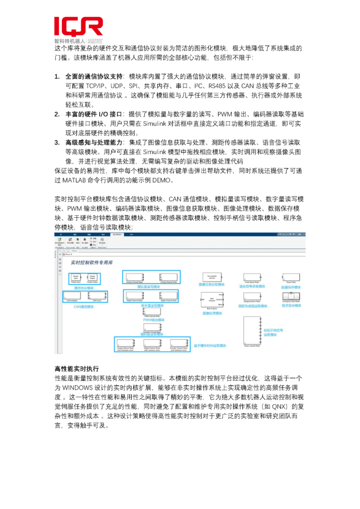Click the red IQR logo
(79, 26)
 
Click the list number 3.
(57, 143)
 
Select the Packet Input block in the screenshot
(76, 277)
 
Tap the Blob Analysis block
(212, 300)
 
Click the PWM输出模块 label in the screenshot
(154, 321)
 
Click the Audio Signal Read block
(252, 277)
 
